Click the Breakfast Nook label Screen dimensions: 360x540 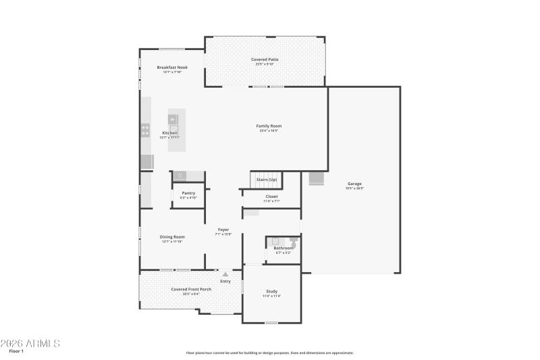coord(172,68)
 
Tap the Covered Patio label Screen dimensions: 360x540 coord(265,59)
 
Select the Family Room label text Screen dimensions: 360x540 coord(269,126)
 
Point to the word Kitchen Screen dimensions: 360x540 coord(170,133)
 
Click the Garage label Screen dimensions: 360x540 coord(355,184)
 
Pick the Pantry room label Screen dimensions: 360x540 coord(188,193)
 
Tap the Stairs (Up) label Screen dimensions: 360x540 coord(266,180)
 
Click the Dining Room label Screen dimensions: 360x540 coord(172,237)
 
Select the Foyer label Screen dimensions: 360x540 coord(223,230)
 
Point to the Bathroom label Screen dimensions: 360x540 coord(283,248)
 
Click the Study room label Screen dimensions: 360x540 coord(271,292)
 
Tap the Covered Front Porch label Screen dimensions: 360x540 coord(190,289)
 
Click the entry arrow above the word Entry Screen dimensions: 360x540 coord(225,274)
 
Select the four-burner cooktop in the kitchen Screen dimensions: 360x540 coord(145,130)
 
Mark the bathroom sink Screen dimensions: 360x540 coord(275,240)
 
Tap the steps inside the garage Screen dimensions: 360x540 coord(316,178)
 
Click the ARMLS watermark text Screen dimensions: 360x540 coord(30,344)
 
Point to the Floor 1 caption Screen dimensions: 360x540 coord(16,352)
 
